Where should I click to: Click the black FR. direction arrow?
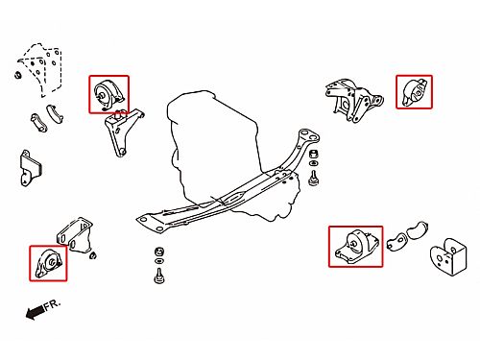click(x=36, y=312)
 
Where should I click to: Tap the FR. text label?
click(x=52, y=304)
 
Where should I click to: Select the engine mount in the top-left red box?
click(x=108, y=94)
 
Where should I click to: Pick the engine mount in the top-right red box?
click(x=415, y=92)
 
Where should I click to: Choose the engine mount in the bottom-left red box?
click(x=49, y=263)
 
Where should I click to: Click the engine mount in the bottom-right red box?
click(x=355, y=246)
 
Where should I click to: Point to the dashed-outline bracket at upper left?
click(x=41, y=69)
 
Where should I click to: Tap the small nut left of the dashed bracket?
click(x=18, y=75)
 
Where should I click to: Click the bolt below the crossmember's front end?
click(x=159, y=276)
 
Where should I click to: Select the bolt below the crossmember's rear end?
click(x=313, y=178)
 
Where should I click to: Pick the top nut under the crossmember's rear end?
click(x=314, y=154)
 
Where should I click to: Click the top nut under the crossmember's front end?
click(x=159, y=251)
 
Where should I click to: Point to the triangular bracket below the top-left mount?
click(x=122, y=132)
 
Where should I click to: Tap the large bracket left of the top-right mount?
click(x=353, y=99)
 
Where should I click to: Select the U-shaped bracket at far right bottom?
click(x=448, y=256)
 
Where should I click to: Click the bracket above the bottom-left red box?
click(x=74, y=234)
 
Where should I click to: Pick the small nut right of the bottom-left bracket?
click(x=92, y=255)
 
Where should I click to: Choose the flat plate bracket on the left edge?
click(x=30, y=168)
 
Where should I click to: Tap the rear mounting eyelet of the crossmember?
click(x=308, y=135)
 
